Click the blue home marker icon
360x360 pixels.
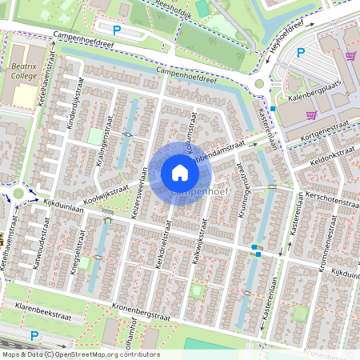[x=180, y=172]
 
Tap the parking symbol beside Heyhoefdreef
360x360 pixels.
[x=302, y=53]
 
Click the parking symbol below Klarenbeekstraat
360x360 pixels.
[x=34, y=335]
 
